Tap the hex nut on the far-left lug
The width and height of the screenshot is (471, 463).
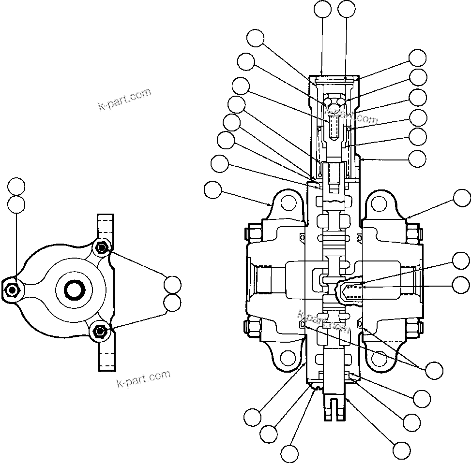12,290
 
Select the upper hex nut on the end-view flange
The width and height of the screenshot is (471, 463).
101,248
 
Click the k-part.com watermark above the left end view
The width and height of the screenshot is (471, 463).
124,100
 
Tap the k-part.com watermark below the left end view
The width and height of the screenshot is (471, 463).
144,378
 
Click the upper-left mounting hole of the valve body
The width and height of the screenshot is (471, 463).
288,203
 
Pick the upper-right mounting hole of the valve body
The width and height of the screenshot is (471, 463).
379,203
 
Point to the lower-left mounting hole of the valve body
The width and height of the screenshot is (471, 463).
288,358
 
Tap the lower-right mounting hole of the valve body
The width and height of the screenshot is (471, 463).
379,358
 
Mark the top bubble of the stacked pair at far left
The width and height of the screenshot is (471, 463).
16,186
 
